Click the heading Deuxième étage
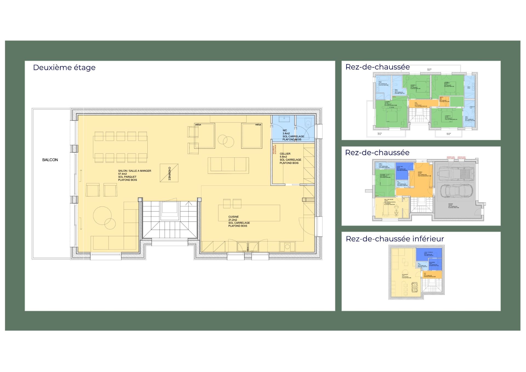[x=64, y=67]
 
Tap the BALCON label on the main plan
[x=50, y=160]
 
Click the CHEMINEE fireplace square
[x=169, y=173]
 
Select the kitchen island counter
[x=249, y=213]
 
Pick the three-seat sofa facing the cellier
[x=228, y=165]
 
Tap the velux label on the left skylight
[x=198, y=124]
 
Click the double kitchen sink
[x=248, y=246]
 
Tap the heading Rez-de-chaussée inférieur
[x=395, y=239]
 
